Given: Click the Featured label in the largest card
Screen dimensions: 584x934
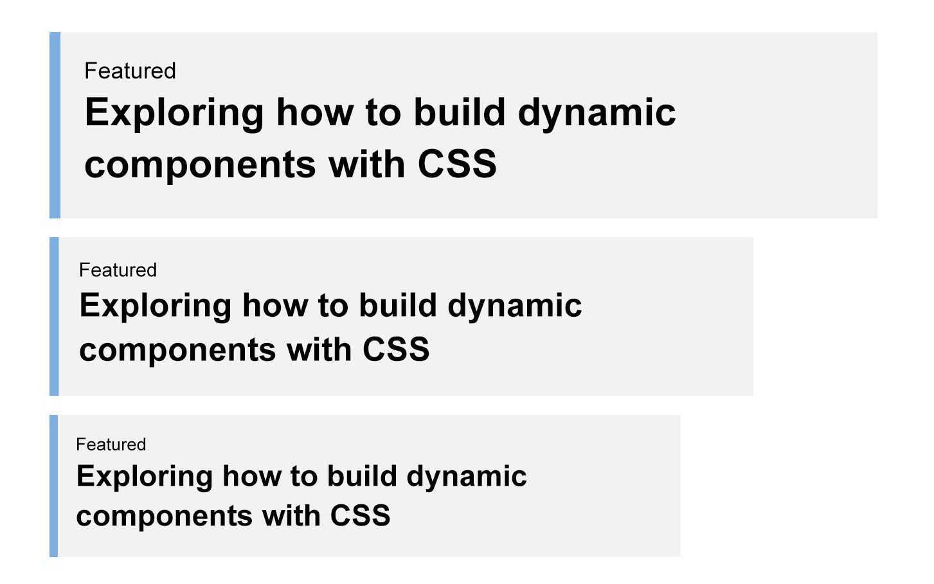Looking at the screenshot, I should [x=130, y=71].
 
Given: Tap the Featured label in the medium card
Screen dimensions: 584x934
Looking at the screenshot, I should [x=118, y=270].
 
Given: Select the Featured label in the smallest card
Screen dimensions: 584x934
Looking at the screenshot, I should [x=111, y=445].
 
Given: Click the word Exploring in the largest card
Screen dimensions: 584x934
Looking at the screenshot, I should [x=174, y=114].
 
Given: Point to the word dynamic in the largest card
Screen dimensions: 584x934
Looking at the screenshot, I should [x=597, y=114].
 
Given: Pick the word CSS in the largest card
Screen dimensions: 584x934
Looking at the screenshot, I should [x=457, y=164].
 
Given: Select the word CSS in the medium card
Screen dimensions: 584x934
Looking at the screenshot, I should [x=395, y=350].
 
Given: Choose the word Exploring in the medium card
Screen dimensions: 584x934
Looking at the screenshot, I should [x=155, y=306].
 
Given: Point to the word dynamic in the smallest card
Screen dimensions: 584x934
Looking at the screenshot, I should [x=466, y=477].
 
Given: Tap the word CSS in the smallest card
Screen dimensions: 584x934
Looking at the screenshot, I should [x=360, y=516].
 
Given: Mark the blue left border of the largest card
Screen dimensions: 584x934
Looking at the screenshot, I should [x=55, y=125].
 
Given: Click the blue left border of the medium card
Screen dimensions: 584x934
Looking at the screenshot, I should [x=54, y=316].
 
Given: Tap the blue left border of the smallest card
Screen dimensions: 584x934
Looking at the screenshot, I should [x=53, y=486].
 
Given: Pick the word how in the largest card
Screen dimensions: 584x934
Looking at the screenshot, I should [x=314, y=114].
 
